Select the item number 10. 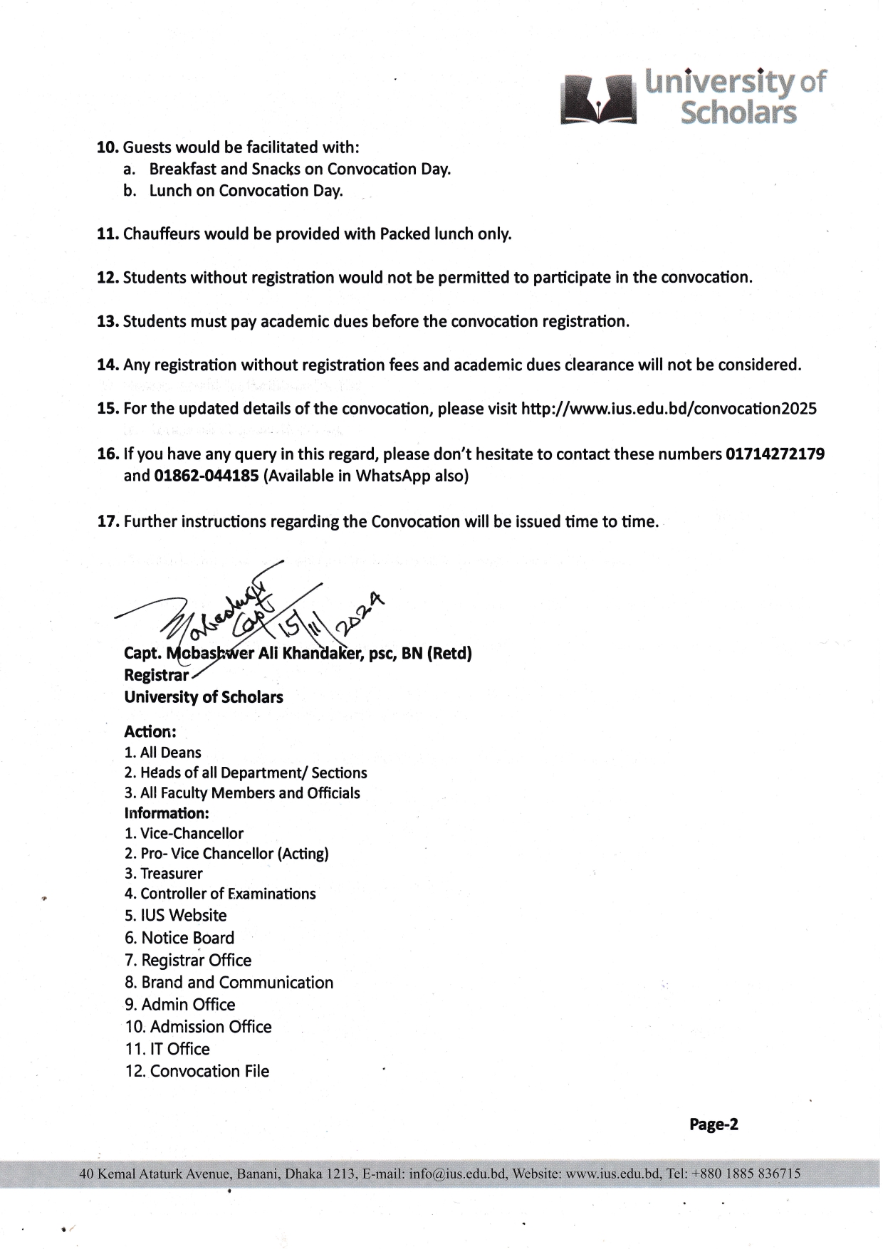point(107,147)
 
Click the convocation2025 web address point(669,409)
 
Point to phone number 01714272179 point(775,454)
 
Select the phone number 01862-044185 point(206,476)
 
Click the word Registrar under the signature point(156,674)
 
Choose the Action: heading point(150,731)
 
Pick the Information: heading point(166,812)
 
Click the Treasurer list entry point(163,873)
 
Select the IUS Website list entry point(175,915)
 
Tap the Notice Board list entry point(179,938)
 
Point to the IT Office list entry point(167,1049)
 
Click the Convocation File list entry point(197,1071)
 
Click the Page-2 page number point(714,1124)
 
